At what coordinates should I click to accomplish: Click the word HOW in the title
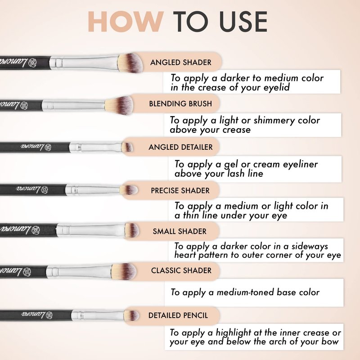pos(126,22)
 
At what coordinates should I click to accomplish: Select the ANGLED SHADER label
pos(181,63)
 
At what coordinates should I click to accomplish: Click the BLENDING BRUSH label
pos(180,104)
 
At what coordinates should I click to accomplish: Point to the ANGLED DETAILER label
pos(181,147)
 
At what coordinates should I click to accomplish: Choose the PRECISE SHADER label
pos(180,190)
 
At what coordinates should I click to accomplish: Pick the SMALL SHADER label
pos(180,231)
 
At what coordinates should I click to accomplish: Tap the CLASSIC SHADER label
pos(181,270)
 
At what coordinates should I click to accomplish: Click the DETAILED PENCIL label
pos(178,315)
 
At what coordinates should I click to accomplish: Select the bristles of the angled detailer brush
pos(127,147)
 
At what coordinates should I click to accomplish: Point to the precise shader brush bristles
pos(129,190)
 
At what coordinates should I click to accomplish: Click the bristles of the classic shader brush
pos(125,272)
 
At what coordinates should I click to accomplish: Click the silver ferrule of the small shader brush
pos(91,230)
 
